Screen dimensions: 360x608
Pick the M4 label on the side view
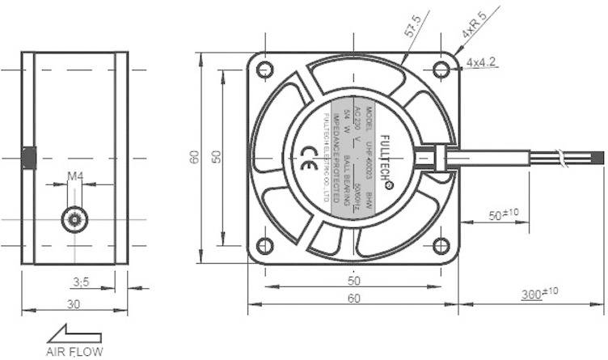click(75, 176)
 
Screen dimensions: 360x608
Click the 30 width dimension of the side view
click(74, 304)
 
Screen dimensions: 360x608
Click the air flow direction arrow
click(74, 333)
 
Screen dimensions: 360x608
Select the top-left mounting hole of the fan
click(264, 70)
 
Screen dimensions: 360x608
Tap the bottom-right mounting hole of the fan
click(440, 246)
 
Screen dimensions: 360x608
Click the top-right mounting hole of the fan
click(440, 70)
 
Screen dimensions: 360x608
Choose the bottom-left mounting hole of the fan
click(264, 246)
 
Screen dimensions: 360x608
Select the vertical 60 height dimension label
click(195, 158)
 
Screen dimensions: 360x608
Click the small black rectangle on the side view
click(28, 158)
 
